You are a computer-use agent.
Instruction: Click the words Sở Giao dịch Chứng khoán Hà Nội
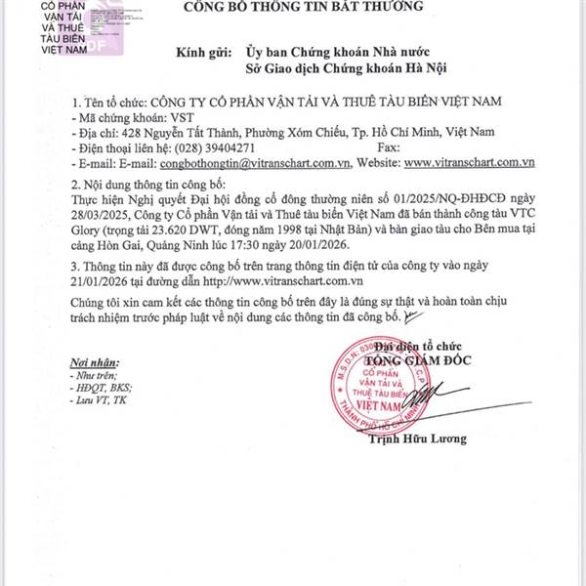point(339,70)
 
